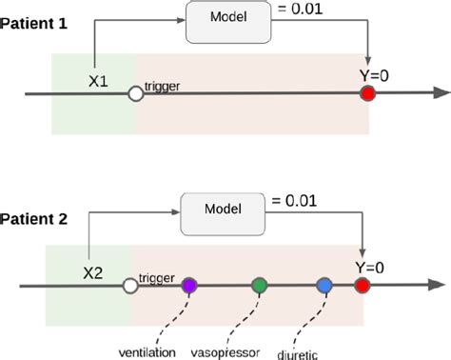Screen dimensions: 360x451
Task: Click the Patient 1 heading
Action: pyautogui.click(x=35, y=22)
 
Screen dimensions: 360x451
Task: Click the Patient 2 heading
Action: pyautogui.click(x=35, y=218)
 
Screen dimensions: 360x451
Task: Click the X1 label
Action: pyautogui.click(x=99, y=81)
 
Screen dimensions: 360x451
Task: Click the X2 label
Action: pyautogui.click(x=92, y=271)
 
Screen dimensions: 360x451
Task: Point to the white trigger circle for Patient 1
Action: pyautogui.click(x=136, y=93)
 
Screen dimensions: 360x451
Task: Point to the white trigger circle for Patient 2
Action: pyautogui.click(x=129, y=285)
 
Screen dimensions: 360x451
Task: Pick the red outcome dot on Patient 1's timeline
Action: pyautogui.click(x=367, y=93)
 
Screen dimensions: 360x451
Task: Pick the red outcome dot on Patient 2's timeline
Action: pyautogui.click(x=362, y=285)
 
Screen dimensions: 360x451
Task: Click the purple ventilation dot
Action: pyautogui.click(x=189, y=285)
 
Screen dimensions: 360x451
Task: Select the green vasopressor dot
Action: pyautogui.click(x=259, y=285)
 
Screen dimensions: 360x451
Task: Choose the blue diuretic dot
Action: pyautogui.click(x=324, y=285)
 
